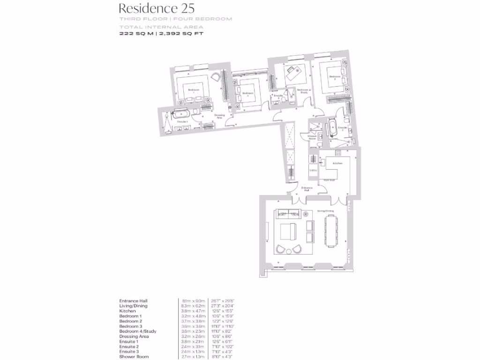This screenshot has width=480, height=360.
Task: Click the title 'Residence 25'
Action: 150,8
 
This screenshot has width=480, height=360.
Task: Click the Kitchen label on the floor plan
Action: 337,163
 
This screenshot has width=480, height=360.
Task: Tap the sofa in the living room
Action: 288,214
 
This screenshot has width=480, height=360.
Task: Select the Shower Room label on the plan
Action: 312,137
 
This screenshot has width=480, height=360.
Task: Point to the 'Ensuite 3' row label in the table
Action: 129,352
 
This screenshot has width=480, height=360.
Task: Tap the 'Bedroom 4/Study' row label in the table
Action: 138,331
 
